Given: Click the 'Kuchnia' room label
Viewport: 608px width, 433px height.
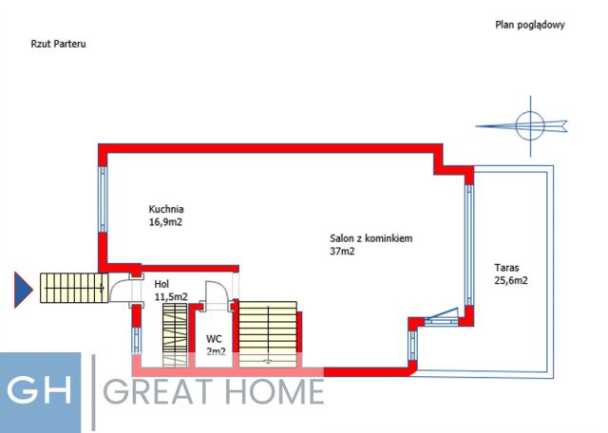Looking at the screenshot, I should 165,210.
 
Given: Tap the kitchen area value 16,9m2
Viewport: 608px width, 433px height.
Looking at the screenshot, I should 165,222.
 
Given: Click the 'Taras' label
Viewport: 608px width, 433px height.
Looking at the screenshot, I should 505,268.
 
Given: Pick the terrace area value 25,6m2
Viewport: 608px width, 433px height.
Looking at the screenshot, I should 511,280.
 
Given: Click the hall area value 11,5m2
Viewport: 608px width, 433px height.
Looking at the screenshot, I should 171,296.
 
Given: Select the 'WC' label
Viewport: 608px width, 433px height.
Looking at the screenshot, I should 214,338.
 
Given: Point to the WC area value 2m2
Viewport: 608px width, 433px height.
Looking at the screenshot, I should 216,350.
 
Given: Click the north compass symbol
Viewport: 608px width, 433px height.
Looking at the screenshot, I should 528,123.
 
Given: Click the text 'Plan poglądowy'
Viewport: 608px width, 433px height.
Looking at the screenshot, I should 529,26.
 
